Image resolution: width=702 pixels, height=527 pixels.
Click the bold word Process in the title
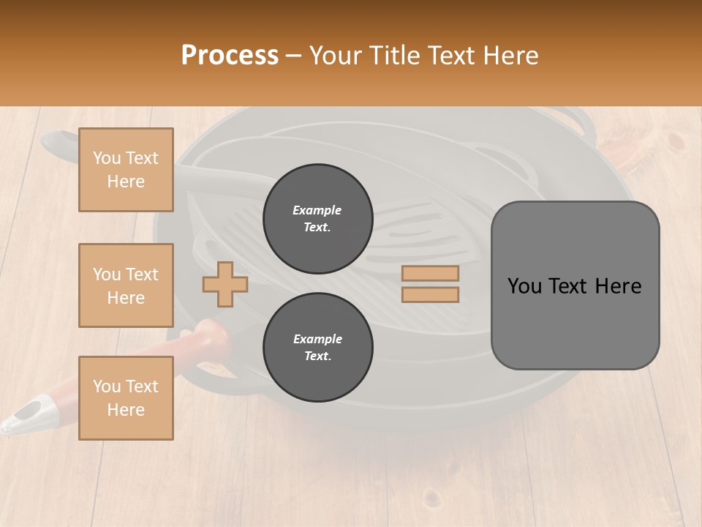230,56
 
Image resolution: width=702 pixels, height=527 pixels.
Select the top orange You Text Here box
126,170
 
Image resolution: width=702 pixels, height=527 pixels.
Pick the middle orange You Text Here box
126,285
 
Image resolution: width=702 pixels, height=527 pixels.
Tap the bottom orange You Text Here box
126,398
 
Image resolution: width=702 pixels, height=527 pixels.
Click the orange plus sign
225,284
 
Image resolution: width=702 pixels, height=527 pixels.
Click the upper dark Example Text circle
317,218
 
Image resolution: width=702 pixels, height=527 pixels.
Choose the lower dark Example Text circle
317,347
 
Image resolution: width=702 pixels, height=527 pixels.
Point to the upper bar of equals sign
430,274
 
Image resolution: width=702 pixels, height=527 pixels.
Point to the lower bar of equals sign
430,294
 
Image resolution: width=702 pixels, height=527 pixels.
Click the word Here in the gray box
618,286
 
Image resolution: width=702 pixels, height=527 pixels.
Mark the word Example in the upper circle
317,210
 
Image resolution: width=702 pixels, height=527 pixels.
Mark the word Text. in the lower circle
317,356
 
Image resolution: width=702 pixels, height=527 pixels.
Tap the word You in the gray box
525,286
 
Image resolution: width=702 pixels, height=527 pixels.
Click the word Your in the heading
336,56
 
